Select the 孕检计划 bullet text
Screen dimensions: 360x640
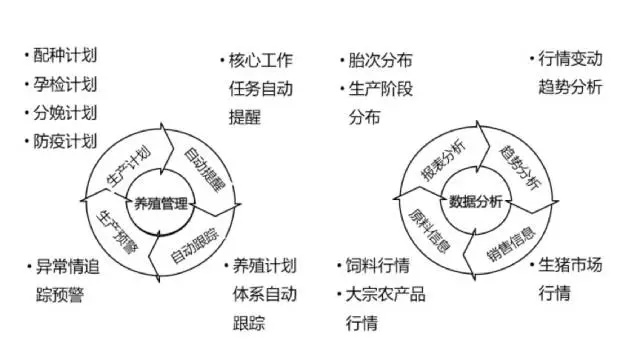(x=71, y=85)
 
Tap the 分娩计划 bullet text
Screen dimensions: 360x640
(x=71, y=113)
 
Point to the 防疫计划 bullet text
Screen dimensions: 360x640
(x=71, y=141)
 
